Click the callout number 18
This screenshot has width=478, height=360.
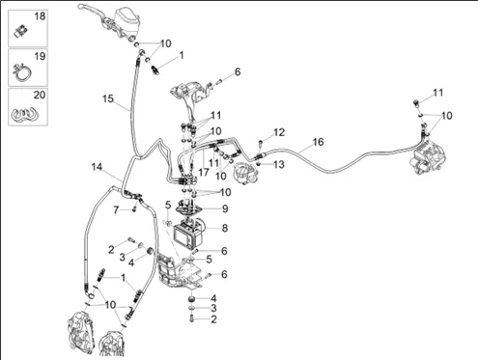click(x=40, y=16)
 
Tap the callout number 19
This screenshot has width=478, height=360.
click(x=40, y=56)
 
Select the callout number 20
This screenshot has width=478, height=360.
click(x=40, y=95)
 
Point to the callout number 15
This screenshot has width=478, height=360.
click(x=108, y=98)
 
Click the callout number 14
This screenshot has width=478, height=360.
click(x=97, y=167)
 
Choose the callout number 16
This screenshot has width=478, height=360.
click(x=318, y=142)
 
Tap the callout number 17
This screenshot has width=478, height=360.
click(x=204, y=172)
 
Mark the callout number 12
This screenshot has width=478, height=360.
click(x=279, y=132)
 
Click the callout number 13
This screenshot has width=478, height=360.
click(x=279, y=164)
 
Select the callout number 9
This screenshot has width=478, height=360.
click(x=225, y=208)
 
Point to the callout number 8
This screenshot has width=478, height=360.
click(x=225, y=228)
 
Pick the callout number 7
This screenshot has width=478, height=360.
click(x=116, y=210)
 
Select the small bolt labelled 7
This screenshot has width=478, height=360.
click(x=134, y=209)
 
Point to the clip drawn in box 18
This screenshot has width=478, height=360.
click(x=21, y=31)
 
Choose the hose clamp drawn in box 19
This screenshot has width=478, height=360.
click(x=22, y=73)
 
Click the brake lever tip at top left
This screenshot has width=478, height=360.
click(x=80, y=7)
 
